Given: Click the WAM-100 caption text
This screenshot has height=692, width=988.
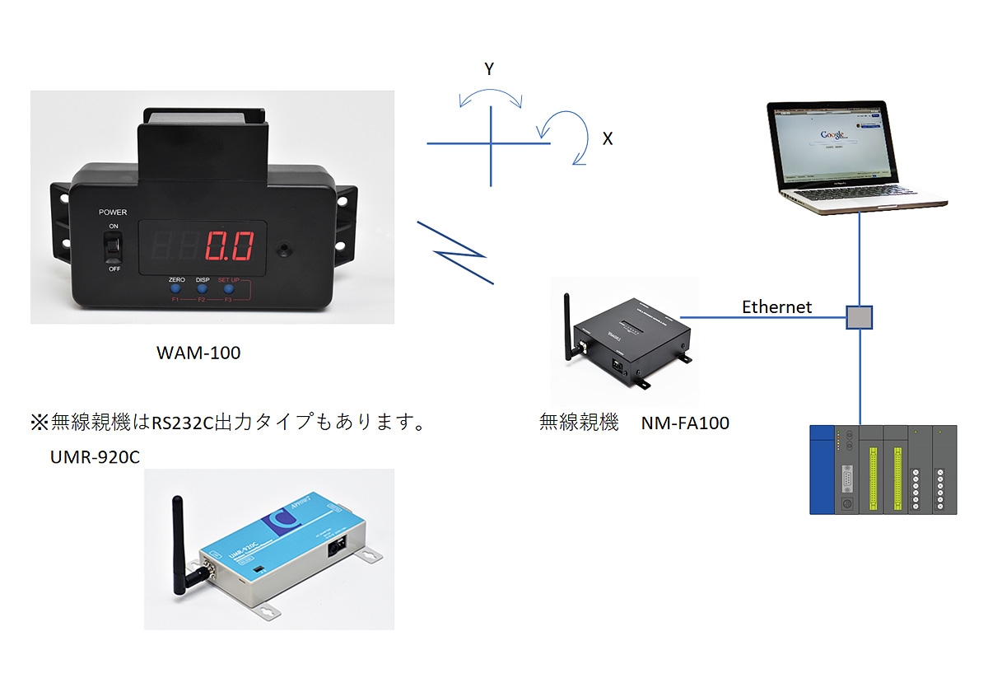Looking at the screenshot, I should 198,353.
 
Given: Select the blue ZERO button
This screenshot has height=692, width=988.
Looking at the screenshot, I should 175,291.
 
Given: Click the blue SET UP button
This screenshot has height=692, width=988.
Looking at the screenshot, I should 228,291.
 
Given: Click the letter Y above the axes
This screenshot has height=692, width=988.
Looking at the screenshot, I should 489,70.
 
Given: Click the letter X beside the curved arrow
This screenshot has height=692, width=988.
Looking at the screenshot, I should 608,139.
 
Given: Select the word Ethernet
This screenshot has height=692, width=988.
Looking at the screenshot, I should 776,307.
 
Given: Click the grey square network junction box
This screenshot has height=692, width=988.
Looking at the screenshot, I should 860,317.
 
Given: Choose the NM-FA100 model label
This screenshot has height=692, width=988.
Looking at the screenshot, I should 685,424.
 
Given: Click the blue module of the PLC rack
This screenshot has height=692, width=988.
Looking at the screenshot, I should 823,470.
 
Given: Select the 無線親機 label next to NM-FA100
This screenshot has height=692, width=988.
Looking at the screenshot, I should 579,424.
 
